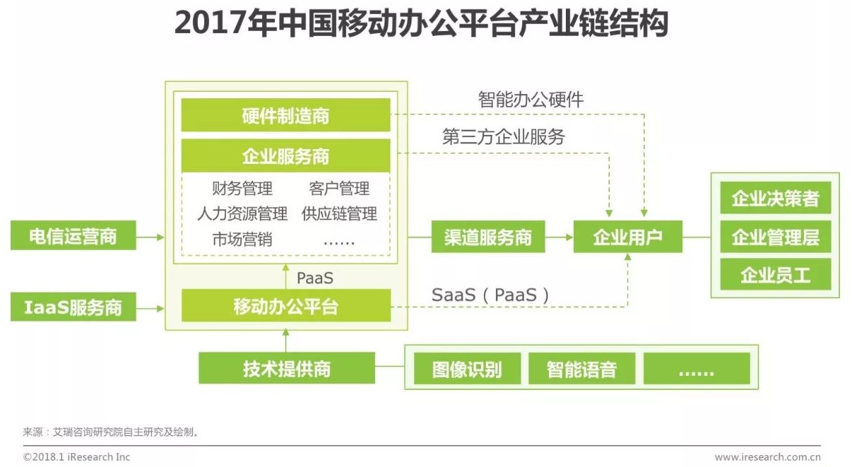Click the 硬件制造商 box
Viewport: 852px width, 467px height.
coord(285,115)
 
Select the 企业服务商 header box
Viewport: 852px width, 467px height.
coord(285,155)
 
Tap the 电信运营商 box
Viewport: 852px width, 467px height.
coord(73,236)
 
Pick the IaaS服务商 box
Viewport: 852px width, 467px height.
coord(73,307)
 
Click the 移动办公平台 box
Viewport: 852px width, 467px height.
coord(285,306)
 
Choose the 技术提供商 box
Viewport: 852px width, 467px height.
coord(286,368)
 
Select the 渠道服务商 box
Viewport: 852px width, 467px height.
coord(488,237)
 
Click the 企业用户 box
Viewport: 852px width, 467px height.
coord(627,237)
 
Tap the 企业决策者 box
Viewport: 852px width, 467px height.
coord(775,199)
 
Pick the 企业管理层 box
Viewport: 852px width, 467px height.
coord(775,237)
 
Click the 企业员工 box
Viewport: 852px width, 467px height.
coord(775,275)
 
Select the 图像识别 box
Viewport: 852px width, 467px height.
coord(466,369)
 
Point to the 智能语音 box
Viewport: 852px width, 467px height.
coord(581,369)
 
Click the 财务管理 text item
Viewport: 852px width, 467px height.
coord(242,189)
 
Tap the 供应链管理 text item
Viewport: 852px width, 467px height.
coord(339,213)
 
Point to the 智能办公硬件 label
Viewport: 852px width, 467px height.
coord(531,100)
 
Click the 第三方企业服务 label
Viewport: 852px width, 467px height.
coord(503,137)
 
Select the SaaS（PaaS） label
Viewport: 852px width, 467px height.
coord(490,295)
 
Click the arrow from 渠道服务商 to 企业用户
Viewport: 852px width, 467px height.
coord(559,237)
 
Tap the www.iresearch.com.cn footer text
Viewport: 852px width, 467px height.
coord(767,457)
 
